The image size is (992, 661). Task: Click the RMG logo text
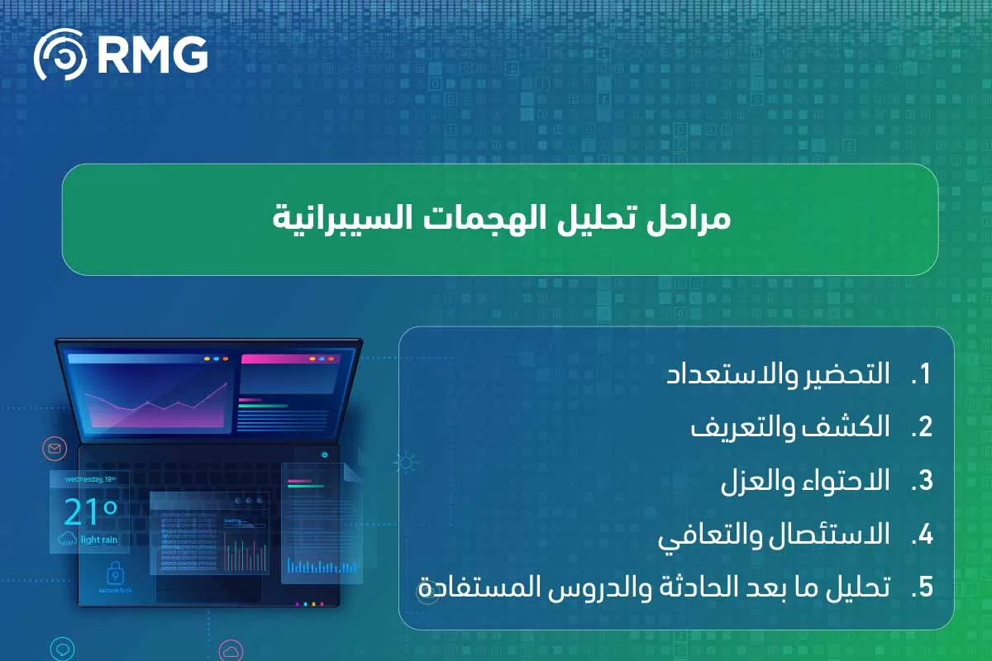coord(152,55)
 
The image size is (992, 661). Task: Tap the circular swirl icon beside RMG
coord(60,55)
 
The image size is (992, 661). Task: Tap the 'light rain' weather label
coord(100,540)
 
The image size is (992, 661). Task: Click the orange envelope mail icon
coord(55,449)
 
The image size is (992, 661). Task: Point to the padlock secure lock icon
coord(114,573)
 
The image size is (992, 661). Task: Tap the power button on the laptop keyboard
coord(324,454)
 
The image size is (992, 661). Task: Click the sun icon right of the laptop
coord(404,463)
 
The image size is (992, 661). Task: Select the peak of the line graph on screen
coord(225,385)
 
